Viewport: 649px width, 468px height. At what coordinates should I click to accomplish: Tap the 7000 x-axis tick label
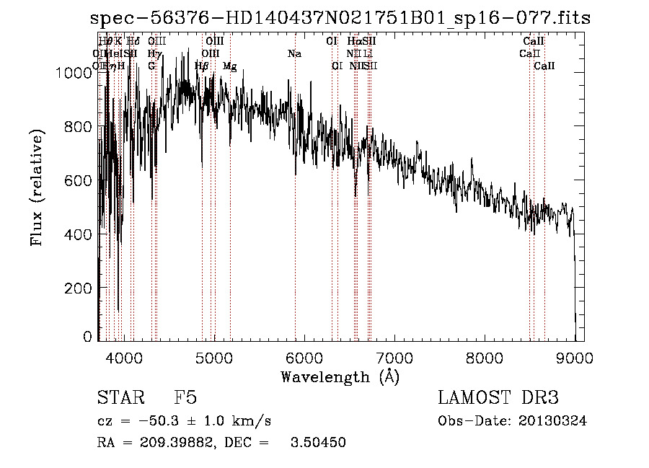click(x=394, y=357)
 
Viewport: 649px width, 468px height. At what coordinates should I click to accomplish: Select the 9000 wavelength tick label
click(x=575, y=357)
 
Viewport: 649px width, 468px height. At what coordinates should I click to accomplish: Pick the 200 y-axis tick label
click(x=81, y=288)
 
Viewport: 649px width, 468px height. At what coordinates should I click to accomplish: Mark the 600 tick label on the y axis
click(x=81, y=180)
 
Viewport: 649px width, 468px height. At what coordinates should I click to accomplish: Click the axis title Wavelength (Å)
click(x=340, y=376)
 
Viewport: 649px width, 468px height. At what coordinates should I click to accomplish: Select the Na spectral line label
click(x=294, y=54)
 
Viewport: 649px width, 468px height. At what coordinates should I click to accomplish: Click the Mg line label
click(x=229, y=66)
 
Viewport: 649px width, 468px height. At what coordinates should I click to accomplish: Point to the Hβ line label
click(x=202, y=66)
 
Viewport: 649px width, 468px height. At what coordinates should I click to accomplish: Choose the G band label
click(x=151, y=66)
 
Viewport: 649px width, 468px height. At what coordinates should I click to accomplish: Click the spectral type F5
click(x=186, y=398)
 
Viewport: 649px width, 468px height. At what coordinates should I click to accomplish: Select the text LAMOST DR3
click(x=498, y=398)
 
